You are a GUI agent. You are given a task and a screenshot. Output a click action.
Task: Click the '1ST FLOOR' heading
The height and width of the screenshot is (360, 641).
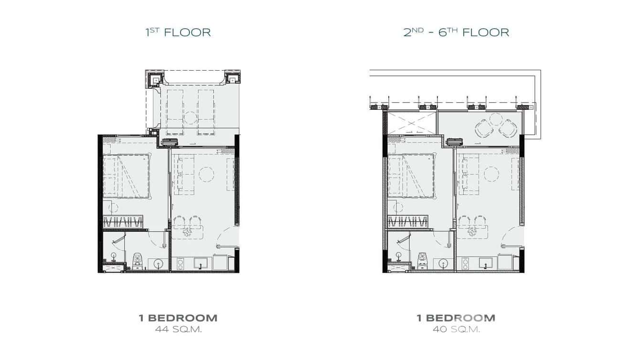point(178,32)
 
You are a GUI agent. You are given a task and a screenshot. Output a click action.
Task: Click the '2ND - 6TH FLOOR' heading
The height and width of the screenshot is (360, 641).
point(456,32)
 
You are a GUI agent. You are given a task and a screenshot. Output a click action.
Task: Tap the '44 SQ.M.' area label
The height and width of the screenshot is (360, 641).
point(179,329)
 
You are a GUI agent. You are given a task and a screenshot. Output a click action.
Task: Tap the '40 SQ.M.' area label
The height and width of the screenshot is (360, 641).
point(456,329)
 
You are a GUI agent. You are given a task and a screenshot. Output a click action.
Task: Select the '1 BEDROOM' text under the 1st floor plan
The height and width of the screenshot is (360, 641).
point(178,318)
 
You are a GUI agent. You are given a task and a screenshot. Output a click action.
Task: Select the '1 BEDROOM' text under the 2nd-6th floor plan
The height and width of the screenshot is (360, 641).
point(456,318)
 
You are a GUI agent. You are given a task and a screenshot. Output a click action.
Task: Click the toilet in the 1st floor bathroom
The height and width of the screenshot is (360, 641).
point(138,261)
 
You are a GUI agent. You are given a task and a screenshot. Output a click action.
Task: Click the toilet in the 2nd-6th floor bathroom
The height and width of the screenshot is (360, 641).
point(423,261)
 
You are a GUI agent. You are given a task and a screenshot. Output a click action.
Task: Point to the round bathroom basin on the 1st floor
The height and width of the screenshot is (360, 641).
point(158,263)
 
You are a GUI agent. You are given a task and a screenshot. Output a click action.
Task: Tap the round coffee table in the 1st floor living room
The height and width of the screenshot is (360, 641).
point(206,174)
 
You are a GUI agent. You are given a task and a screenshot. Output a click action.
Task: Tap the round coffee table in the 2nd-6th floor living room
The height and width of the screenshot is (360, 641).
point(491,174)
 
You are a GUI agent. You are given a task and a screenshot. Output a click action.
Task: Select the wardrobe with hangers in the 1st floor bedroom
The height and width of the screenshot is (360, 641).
point(123,222)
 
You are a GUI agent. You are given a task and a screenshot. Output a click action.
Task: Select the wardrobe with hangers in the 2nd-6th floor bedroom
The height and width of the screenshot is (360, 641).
point(407,222)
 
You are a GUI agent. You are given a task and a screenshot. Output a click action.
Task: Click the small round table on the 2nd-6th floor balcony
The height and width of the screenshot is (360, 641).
point(496,119)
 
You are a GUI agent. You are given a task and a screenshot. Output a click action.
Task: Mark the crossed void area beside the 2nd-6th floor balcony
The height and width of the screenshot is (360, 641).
point(412,123)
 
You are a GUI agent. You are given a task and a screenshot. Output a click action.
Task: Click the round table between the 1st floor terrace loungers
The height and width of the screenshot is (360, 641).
point(190,117)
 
